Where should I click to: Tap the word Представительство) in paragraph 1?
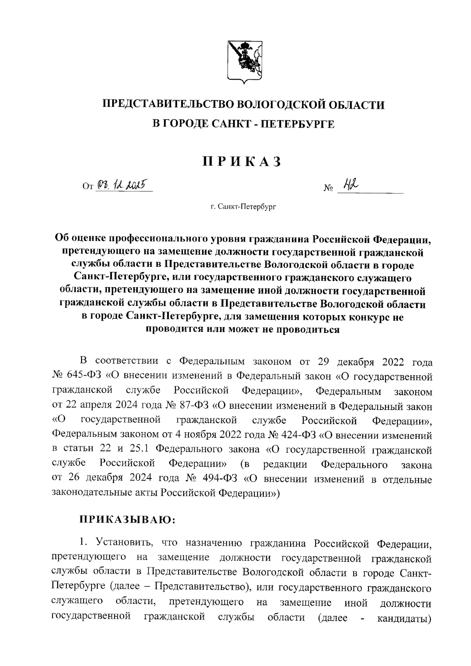[x=203, y=588]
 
